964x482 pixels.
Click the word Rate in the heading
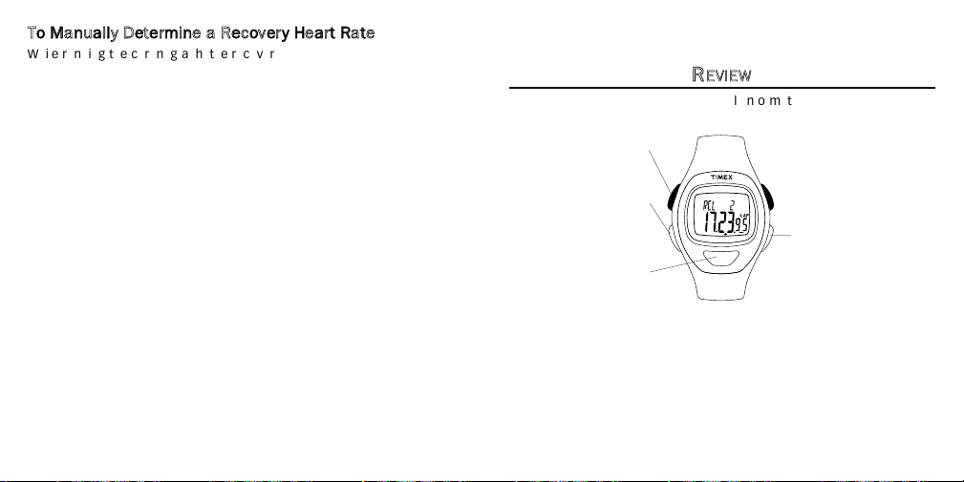pyautogui.click(x=359, y=33)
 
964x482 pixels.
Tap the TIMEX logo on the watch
pyautogui.click(x=722, y=178)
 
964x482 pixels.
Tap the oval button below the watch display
pyautogui.click(x=721, y=258)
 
